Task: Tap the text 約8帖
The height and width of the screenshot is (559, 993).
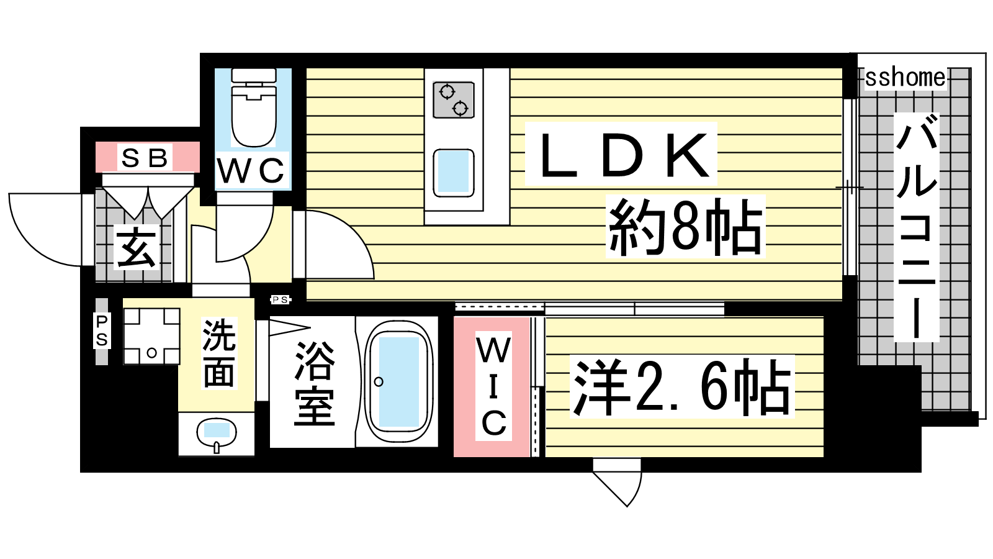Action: pyautogui.click(x=685, y=226)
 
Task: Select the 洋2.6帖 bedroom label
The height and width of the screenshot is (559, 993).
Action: pyautogui.click(x=682, y=386)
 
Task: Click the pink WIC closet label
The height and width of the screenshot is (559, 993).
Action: pyautogui.click(x=494, y=386)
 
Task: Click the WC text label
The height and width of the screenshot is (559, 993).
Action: pyautogui.click(x=251, y=171)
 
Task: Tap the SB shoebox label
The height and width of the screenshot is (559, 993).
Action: pyautogui.click(x=145, y=158)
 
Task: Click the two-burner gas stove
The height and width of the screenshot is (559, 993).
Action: pyautogui.click(x=453, y=99)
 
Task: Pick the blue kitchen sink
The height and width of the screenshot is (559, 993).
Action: pyautogui.click(x=453, y=171)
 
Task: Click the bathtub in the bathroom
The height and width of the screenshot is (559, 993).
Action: pyautogui.click(x=398, y=382)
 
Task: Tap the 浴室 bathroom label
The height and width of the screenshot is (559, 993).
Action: pyautogui.click(x=314, y=383)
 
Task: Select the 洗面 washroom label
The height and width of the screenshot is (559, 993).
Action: pyautogui.click(x=218, y=353)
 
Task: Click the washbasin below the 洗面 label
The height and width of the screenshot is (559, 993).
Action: pyautogui.click(x=216, y=432)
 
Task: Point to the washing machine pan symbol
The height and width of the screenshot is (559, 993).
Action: pyautogui.click(x=151, y=336)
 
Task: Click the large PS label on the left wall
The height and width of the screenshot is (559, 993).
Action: pyautogui.click(x=102, y=330)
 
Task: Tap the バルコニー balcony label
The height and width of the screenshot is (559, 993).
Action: pyautogui.click(x=916, y=227)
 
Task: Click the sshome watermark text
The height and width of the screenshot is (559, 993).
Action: pyautogui.click(x=905, y=78)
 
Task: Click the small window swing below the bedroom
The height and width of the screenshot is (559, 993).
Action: pyautogui.click(x=618, y=481)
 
